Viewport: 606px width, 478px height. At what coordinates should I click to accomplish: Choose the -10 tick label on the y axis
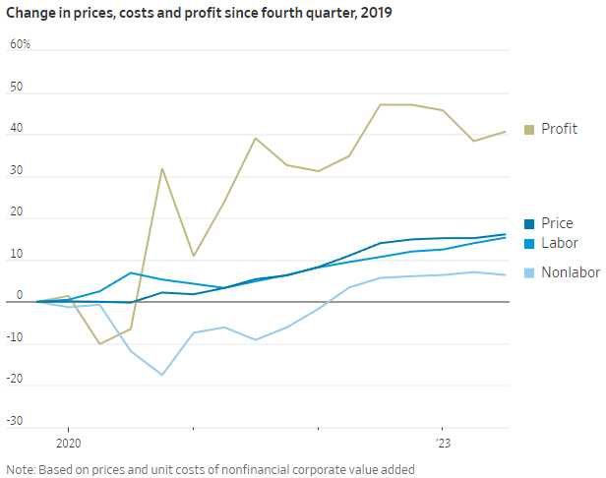point(16,338)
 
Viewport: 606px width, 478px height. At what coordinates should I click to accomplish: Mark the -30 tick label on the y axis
point(16,422)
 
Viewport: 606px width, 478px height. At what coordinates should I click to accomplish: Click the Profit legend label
point(559,130)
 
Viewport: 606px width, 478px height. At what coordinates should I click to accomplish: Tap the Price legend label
point(557,224)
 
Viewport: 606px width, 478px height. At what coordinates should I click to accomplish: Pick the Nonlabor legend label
point(569,272)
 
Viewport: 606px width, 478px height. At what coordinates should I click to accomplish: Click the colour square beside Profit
point(528,130)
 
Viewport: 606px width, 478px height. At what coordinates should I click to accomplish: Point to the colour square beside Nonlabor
point(528,272)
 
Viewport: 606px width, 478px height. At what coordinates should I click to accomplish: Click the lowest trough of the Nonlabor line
point(162,375)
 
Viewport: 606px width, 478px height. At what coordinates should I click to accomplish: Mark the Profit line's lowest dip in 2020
point(99,343)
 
